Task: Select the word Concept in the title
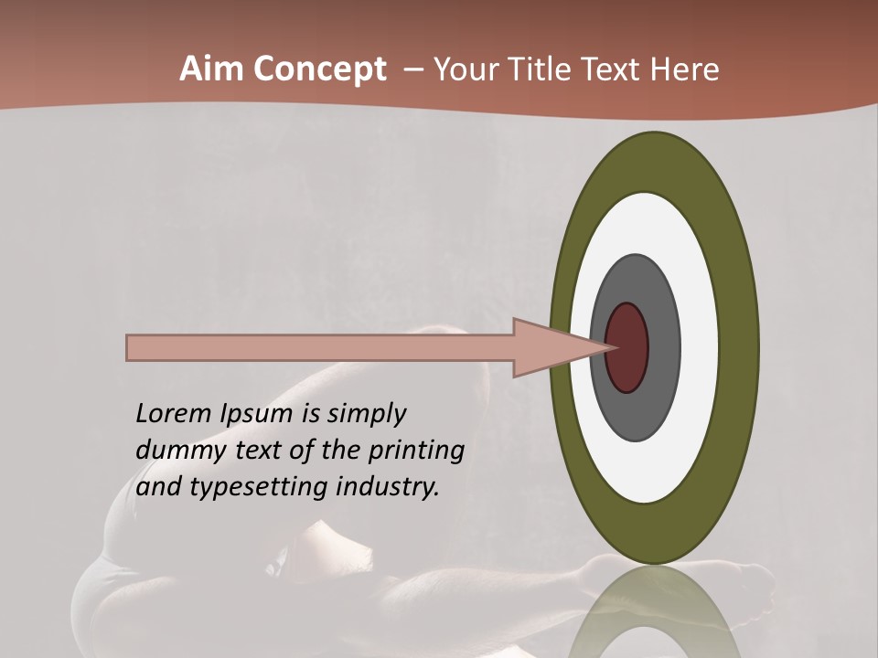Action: [x=320, y=70]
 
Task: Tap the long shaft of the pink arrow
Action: [x=320, y=348]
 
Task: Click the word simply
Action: [x=366, y=415]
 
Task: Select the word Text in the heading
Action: [x=620, y=69]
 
